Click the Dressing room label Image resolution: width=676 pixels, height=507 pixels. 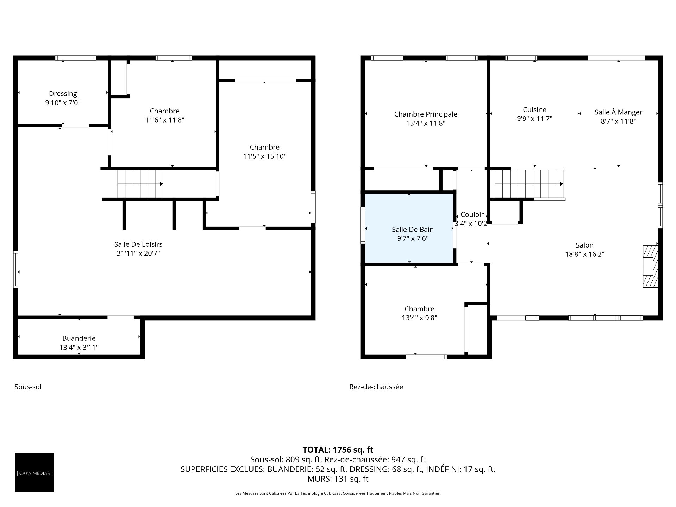63,94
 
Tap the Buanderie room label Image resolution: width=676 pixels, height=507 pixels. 79,338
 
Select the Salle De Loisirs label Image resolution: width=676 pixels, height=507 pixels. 138,244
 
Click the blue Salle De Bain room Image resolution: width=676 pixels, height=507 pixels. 409,228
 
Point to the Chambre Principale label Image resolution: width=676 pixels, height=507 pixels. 426,114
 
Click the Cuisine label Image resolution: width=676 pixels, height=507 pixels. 534,110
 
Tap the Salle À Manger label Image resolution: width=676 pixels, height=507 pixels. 619,112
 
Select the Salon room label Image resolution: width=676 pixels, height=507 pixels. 585,245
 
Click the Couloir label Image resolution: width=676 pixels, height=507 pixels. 472,214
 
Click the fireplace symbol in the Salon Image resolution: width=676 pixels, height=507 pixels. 650,267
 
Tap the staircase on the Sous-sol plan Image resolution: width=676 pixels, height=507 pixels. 140,184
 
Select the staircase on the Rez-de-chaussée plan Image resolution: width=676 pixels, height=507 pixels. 528,184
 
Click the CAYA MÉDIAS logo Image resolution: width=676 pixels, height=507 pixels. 35,472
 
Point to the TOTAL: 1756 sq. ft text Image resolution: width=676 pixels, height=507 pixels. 338,450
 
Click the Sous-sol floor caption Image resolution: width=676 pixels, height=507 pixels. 28,387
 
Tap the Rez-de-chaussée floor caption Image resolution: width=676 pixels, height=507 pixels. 376,387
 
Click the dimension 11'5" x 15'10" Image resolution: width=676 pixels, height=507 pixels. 265,156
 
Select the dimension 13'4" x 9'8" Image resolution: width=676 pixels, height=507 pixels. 419,318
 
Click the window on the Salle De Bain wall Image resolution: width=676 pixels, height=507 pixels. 363,225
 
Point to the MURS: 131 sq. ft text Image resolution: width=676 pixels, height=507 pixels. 338,479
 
